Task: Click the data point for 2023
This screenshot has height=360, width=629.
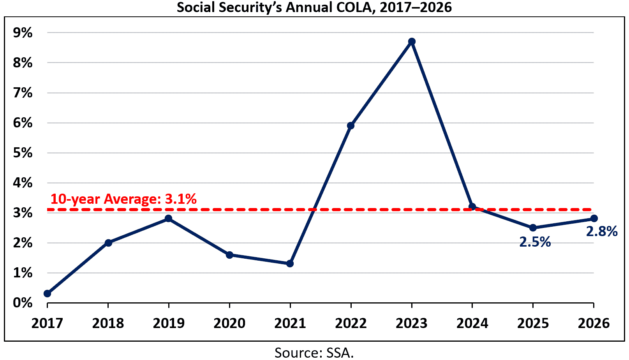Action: point(412,41)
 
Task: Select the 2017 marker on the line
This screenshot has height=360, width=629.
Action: point(48,293)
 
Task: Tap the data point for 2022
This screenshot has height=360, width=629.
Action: point(351,125)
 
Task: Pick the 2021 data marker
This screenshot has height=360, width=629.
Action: point(290,263)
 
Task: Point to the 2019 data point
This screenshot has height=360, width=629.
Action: point(168,218)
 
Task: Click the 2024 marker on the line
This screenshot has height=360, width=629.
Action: point(472,206)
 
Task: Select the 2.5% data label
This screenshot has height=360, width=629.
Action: point(535,242)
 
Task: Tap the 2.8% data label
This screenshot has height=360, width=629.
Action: point(602,231)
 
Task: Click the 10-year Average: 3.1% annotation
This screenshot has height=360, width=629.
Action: point(123,199)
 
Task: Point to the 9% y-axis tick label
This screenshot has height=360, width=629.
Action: point(23,33)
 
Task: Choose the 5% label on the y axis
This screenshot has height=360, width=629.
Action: point(23,153)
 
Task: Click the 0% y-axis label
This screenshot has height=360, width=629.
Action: point(23,303)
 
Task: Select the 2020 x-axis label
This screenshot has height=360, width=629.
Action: point(229,323)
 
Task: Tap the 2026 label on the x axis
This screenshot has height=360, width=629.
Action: point(594,323)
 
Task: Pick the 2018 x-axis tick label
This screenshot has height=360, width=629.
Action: point(108,323)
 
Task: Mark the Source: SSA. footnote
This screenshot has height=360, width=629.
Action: point(314,353)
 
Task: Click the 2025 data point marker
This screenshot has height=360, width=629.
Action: point(533,228)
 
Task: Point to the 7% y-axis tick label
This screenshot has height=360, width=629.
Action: point(23,93)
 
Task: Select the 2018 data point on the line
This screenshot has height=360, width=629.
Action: point(108,243)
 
